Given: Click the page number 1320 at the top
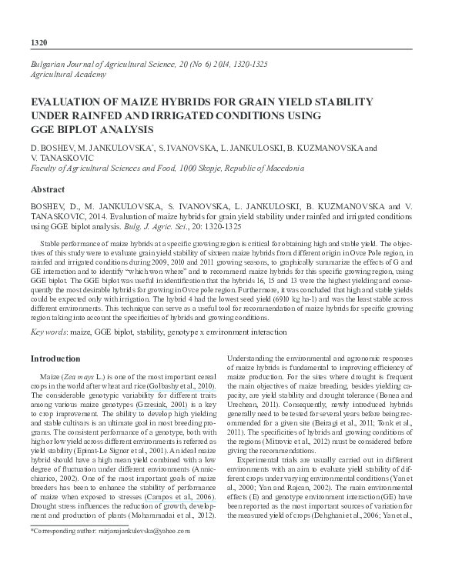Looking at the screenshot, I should (x=39, y=41).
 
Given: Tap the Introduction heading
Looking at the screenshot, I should (x=55, y=359).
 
